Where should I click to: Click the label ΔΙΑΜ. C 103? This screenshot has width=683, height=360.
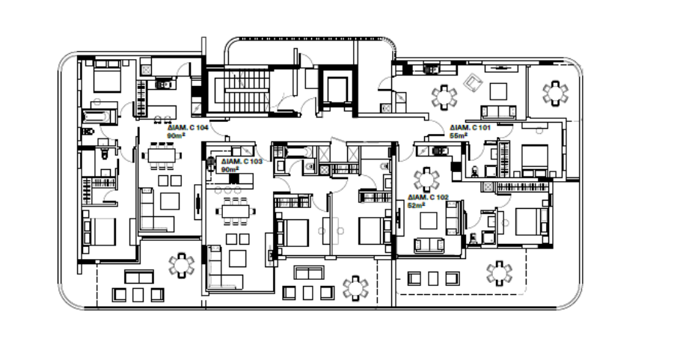tap(239, 162)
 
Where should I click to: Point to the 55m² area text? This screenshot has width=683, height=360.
tap(459, 136)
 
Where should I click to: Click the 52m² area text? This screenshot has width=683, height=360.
tap(416, 204)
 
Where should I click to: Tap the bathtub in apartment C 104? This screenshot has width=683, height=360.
tap(97, 117)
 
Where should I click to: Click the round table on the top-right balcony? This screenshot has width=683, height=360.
tap(554, 93)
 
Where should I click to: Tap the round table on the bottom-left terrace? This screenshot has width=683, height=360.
tap(181, 265)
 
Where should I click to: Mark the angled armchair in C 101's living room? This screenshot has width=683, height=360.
tap(474, 83)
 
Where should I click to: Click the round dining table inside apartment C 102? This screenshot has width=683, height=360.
tap(427, 178)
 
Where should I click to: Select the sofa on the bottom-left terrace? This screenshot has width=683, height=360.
tap(138, 276)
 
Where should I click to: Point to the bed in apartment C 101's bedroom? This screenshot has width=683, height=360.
tap(533, 159)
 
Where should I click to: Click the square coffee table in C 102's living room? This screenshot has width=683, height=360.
tap(428, 220)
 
